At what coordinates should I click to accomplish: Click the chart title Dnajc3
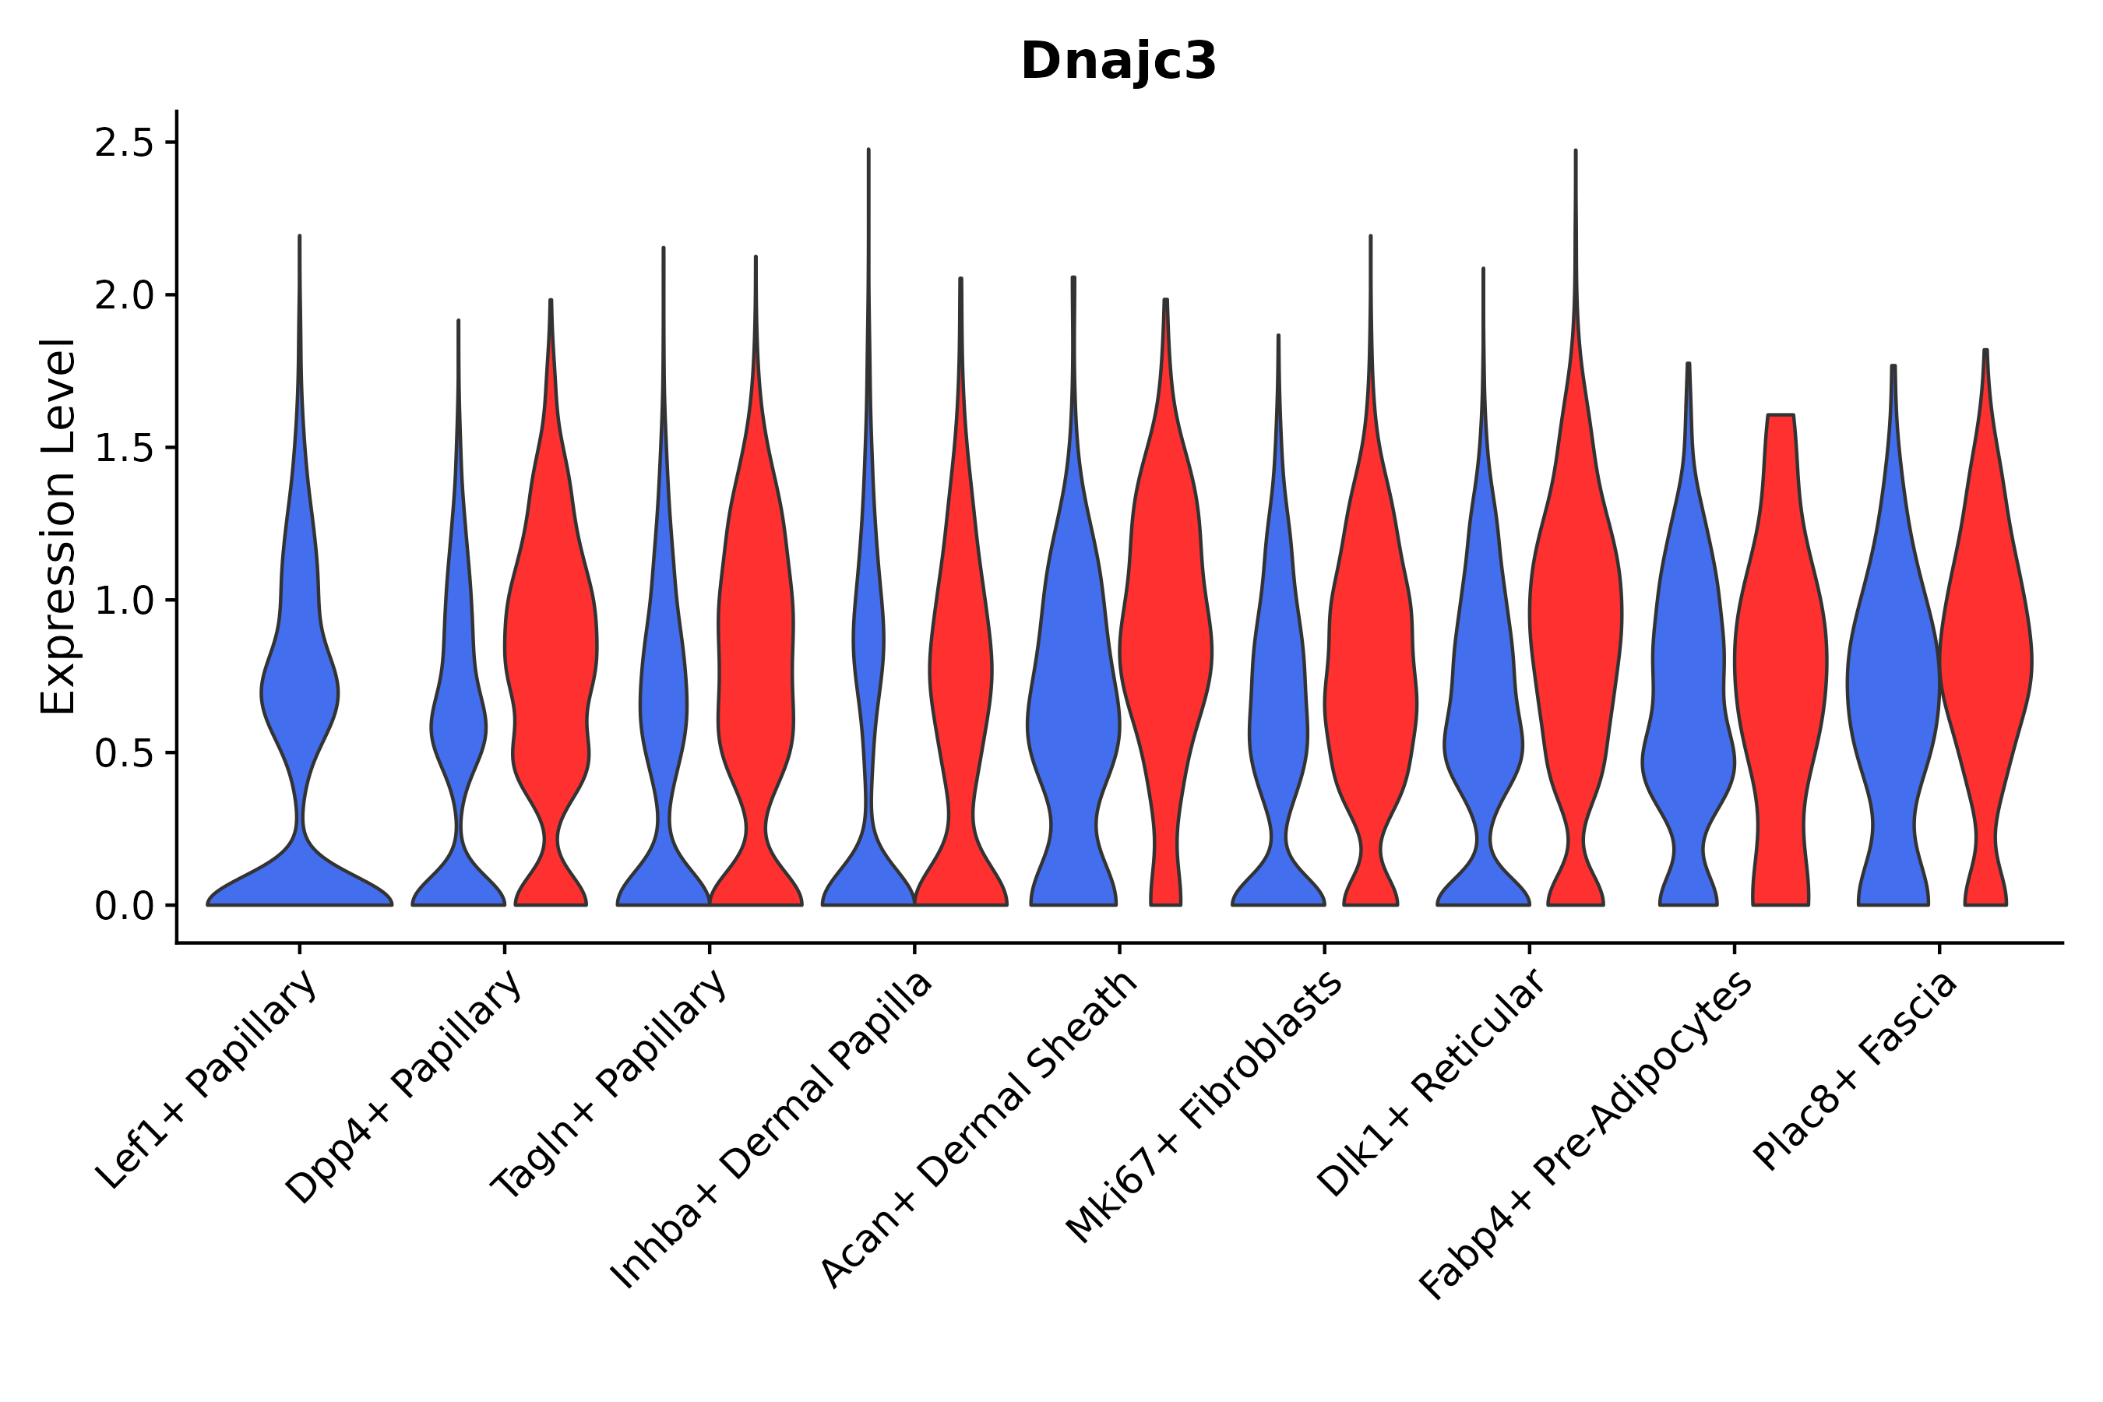[1118, 62]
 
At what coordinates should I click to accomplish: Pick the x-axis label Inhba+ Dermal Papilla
[772, 1130]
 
